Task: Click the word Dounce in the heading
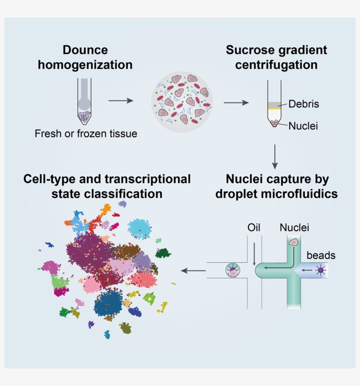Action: (x=85, y=50)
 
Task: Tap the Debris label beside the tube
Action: (x=303, y=104)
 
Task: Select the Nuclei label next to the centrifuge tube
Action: (x=303, y=126)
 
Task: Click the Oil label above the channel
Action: (x=253, y=228)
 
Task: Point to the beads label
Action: (x=321, y=255)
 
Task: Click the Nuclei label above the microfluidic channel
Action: (x=294, y=228)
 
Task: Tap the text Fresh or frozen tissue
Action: (x=86, y=134)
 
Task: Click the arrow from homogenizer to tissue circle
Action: (x=121, y=101)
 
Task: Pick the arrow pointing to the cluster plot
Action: (x=193, y=271)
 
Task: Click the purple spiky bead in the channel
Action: (x=320, y=271)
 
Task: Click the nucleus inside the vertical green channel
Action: (x=293, y=242)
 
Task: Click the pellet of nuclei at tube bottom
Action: (x=275, y=124)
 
